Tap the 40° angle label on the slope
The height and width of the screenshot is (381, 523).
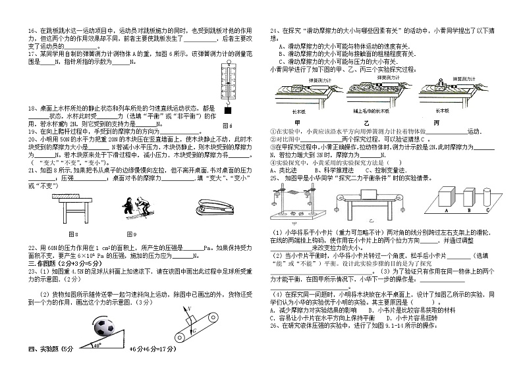point(97,345)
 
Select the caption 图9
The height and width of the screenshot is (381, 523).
point(129,234)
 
